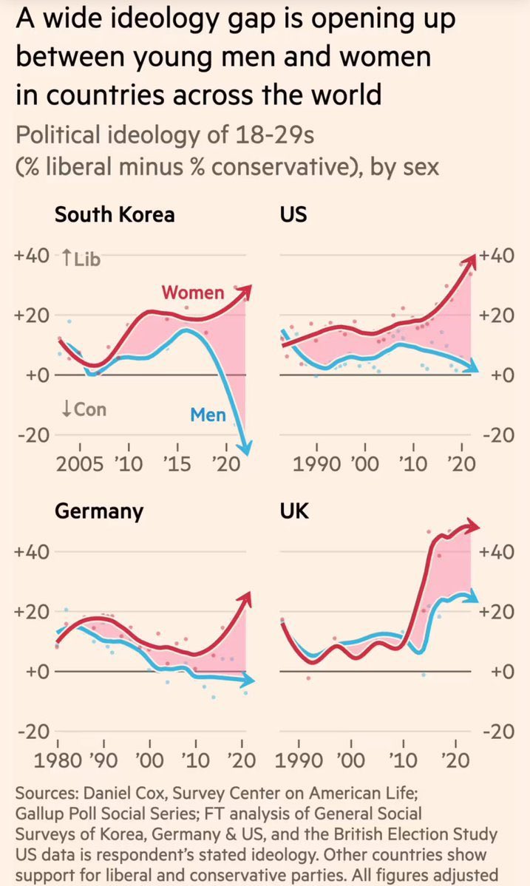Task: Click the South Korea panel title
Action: [115, 215]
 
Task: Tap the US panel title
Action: [294, 215]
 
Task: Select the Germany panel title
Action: [99, 512]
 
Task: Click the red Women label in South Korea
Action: [193, 293]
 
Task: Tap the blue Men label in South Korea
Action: [208, 415]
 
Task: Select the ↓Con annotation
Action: [84, 408]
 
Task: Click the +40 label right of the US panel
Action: [496, 256]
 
